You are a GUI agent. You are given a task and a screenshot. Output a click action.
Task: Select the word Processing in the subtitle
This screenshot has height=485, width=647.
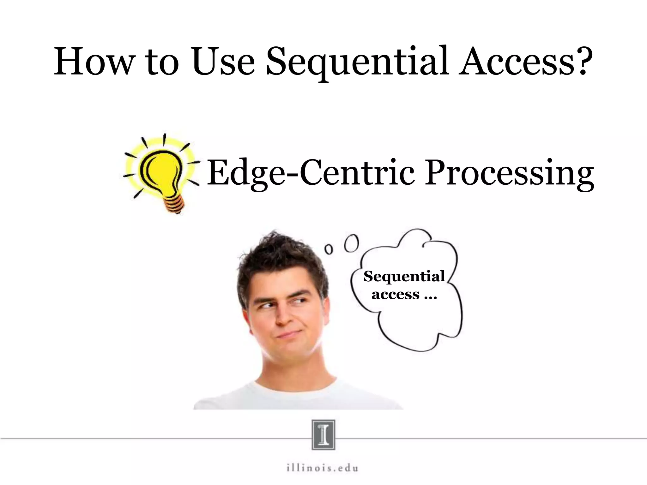tap(509, 174)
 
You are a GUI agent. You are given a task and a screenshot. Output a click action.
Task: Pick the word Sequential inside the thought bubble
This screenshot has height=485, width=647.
tap(404, 277)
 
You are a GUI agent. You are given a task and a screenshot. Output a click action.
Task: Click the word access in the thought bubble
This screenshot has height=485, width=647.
tap(395, 295)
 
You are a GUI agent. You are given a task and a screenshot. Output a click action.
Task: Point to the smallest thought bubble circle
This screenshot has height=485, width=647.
tap(329, 249)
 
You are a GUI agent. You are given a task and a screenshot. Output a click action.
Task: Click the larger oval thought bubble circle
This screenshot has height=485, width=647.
tap(351, 243)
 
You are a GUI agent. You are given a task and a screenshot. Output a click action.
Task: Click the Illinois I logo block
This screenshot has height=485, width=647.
tap(323, 434)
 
